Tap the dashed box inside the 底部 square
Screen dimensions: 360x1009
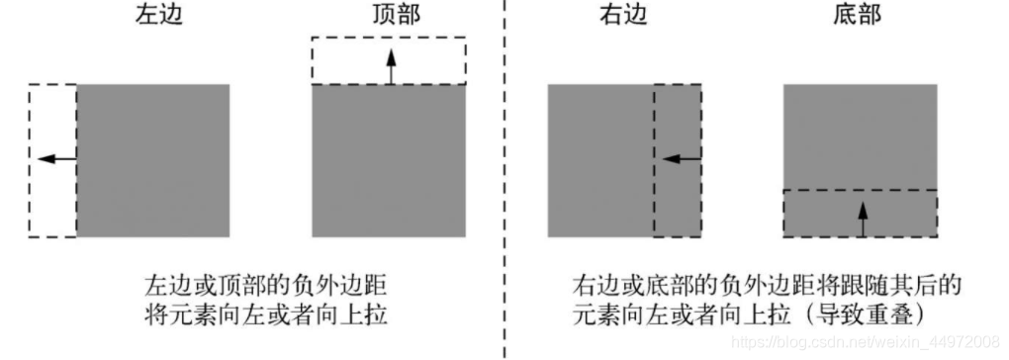pyautogui.click(x=811, y=212)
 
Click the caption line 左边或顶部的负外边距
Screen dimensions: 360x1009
pyautogui.click(x=259, y=288)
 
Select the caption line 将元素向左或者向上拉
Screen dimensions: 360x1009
pyautogui.click(x=259, y=315)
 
